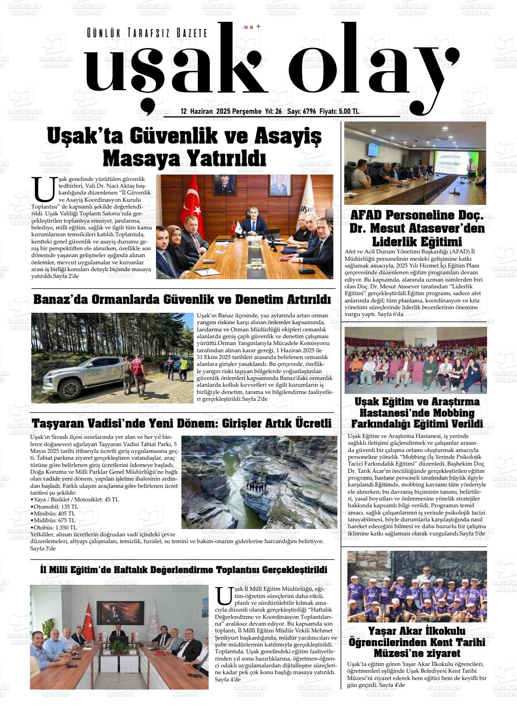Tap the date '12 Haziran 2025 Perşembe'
pyautogui.click(x=221, y=112)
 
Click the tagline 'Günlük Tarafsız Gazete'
pyautogui.click(x=147, y=33)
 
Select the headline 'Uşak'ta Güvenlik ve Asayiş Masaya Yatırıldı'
pyautogui.click(x=184, y=147)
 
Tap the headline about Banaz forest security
pyautogui.click(x=182, y=300)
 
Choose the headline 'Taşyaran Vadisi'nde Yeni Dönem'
pyautogui.click(x=181, y=423)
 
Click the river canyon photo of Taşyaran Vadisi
pyautogui.click(x=258, y=482)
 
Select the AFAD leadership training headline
pyautogui.click(x=416, y=228)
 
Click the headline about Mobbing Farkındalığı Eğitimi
pyautogui.click(x=416, y=413)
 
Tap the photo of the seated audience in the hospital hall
pyautogui.click(x=415, y=360)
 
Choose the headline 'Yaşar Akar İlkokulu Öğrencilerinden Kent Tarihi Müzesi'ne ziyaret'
pyautogui.click(x=416, y=642)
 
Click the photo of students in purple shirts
pyautogui.click(x=416, y=586)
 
